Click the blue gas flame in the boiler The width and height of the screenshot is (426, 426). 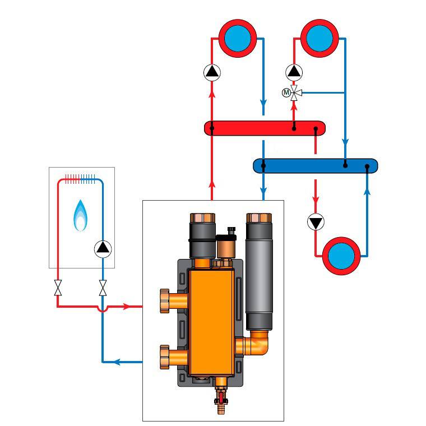(81, 216)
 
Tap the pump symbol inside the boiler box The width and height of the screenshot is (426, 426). (103, 248)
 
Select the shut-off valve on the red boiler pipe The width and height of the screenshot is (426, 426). (58, 288)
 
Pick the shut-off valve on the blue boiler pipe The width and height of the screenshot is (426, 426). (103, 288)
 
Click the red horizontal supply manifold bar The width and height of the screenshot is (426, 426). (264, 128)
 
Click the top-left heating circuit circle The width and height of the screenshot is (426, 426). (238, 38)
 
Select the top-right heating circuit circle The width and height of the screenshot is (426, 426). (320, 38)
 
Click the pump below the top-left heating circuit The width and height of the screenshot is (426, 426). (212, 72)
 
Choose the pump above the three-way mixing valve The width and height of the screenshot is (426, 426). (294, 72)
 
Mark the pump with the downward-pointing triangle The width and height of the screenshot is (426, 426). (316, 222)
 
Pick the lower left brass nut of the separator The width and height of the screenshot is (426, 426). (164, 355)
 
